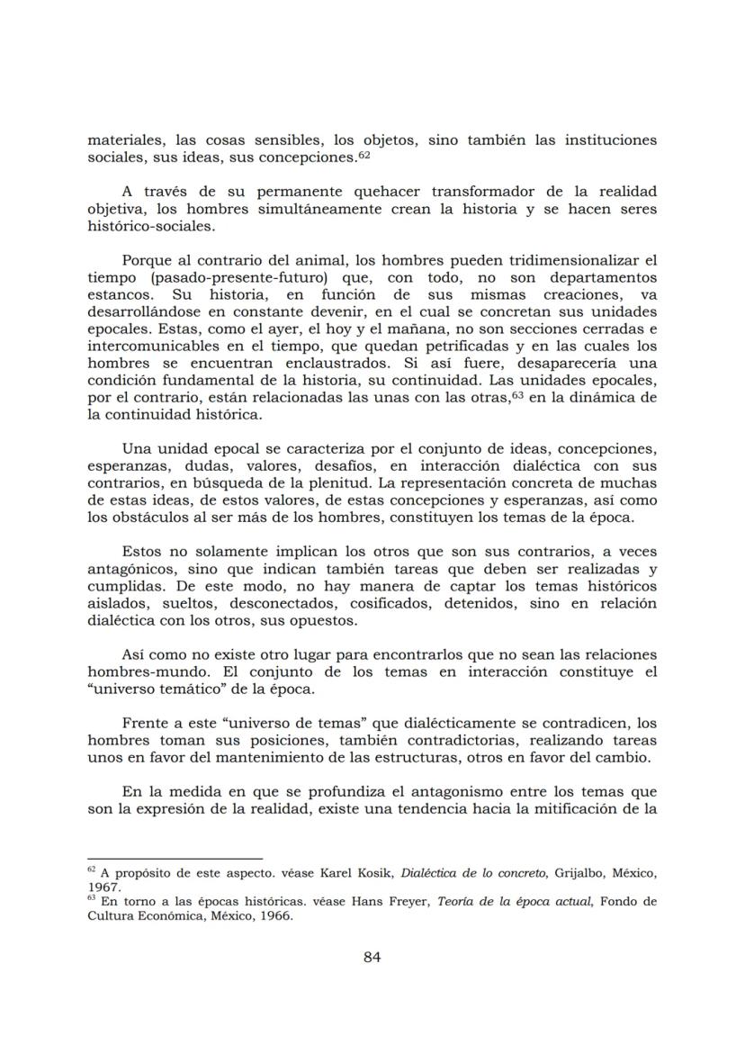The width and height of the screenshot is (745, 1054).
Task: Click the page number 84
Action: coord(372,957)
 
